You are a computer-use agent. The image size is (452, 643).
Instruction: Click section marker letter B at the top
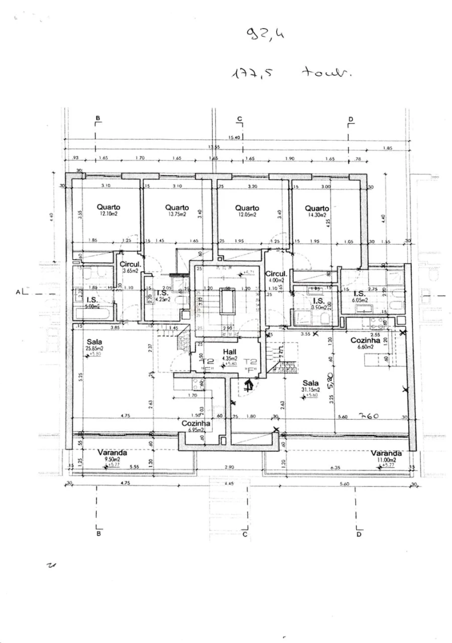tap(98, 118)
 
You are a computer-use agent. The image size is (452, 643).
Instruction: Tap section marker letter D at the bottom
tap(359, 534)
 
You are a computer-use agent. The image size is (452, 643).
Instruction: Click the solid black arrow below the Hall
tap(247, 386)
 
